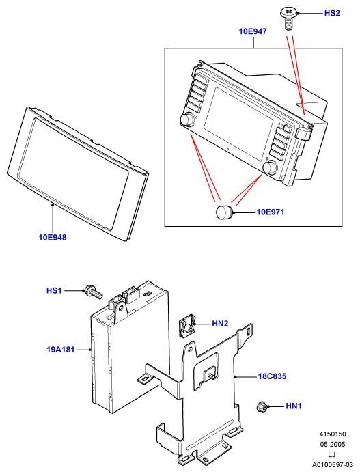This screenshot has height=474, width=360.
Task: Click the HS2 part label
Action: tap(332, 13)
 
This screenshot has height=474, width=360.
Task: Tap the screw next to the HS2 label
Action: tap(289, 18)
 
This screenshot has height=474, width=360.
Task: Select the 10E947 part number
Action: tap(253, 31)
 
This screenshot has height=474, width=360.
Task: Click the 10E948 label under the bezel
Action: tap(53, 237)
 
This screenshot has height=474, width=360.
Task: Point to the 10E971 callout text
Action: tap(271, 212)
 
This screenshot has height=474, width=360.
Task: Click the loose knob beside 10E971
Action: tap(224, 212)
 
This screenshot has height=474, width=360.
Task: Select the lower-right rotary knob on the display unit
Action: tap(270, 167)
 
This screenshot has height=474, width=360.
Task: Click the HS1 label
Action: tap(54, 290)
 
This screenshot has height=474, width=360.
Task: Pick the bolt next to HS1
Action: tap(94, 292)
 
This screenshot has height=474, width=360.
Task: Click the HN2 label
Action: tap(220, 324)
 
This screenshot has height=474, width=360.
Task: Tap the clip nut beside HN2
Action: tap(186, 326)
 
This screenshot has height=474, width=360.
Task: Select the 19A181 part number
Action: tap(60, 350)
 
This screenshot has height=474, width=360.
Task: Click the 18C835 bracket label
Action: tap(272, 376)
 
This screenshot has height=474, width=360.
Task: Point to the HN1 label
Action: tap(294, 406)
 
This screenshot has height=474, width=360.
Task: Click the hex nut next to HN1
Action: tap(261, 406)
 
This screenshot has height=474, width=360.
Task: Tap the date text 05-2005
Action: tap(333, 445)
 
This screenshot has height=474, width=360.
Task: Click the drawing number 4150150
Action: tap(333, 434)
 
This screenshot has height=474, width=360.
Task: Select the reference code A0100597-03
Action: tap(333, 464)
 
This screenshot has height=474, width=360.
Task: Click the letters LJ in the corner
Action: tap(332, 454)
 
